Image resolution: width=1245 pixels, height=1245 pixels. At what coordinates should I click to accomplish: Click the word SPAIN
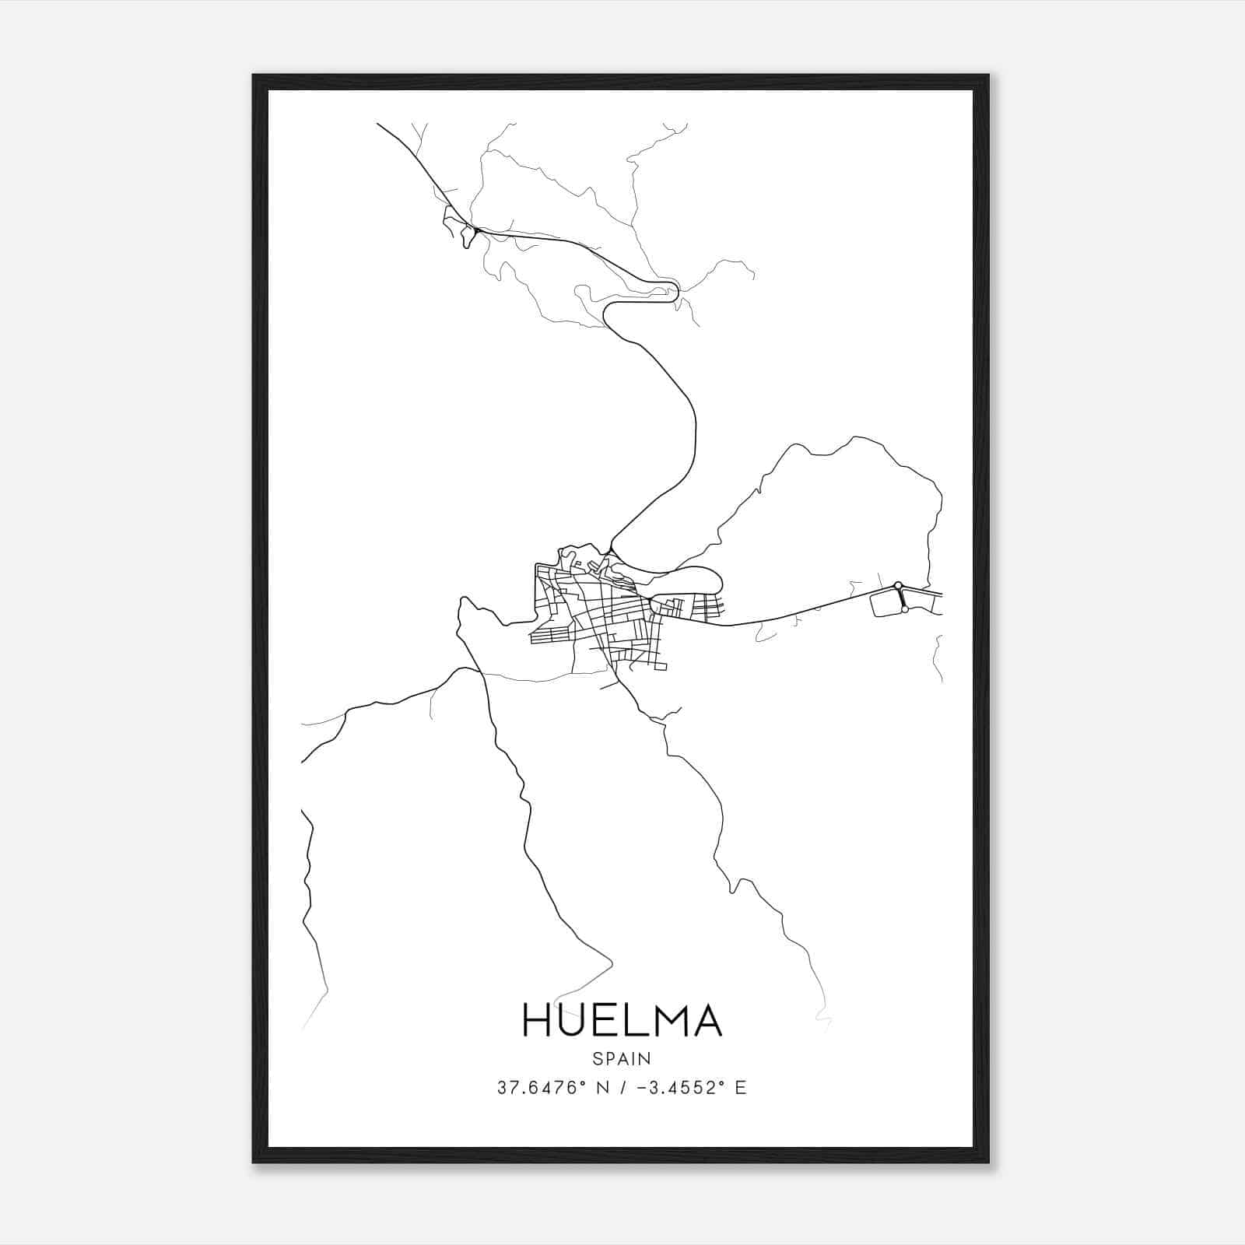click(x=622, y=1058)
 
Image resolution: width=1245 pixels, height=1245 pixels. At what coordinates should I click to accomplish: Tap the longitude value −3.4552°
click(x=675, y=1088)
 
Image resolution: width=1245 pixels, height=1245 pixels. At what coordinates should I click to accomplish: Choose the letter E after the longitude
click(x=740, y=1088)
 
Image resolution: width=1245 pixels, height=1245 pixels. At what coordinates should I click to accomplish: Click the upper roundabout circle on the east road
click(x=897, y=584)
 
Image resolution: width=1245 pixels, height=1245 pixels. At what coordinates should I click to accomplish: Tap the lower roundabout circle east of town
click(x=904, y=610)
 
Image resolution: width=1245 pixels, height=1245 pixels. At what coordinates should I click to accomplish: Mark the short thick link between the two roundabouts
click(x=901, y=598)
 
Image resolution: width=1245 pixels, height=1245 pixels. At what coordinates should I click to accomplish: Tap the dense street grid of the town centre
click(x=615, y=615)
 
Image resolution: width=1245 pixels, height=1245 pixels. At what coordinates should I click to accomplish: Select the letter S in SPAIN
click(x=597, y=1058)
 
